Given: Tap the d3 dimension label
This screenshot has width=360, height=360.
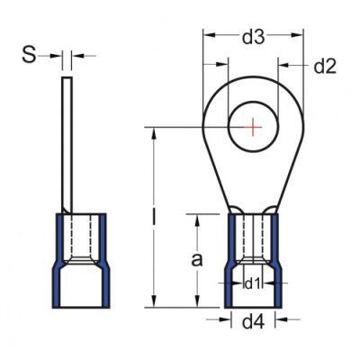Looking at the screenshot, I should pos(254,37).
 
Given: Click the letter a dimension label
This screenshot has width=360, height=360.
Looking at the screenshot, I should pos(198,261).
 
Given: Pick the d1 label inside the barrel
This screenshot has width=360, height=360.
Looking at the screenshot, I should pos(253,283).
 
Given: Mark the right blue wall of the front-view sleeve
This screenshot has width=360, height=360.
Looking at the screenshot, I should pos(275,261).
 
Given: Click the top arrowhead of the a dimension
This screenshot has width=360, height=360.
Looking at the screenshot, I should pos(199,218).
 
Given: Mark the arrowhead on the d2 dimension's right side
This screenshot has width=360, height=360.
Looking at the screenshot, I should pos(283,65).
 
